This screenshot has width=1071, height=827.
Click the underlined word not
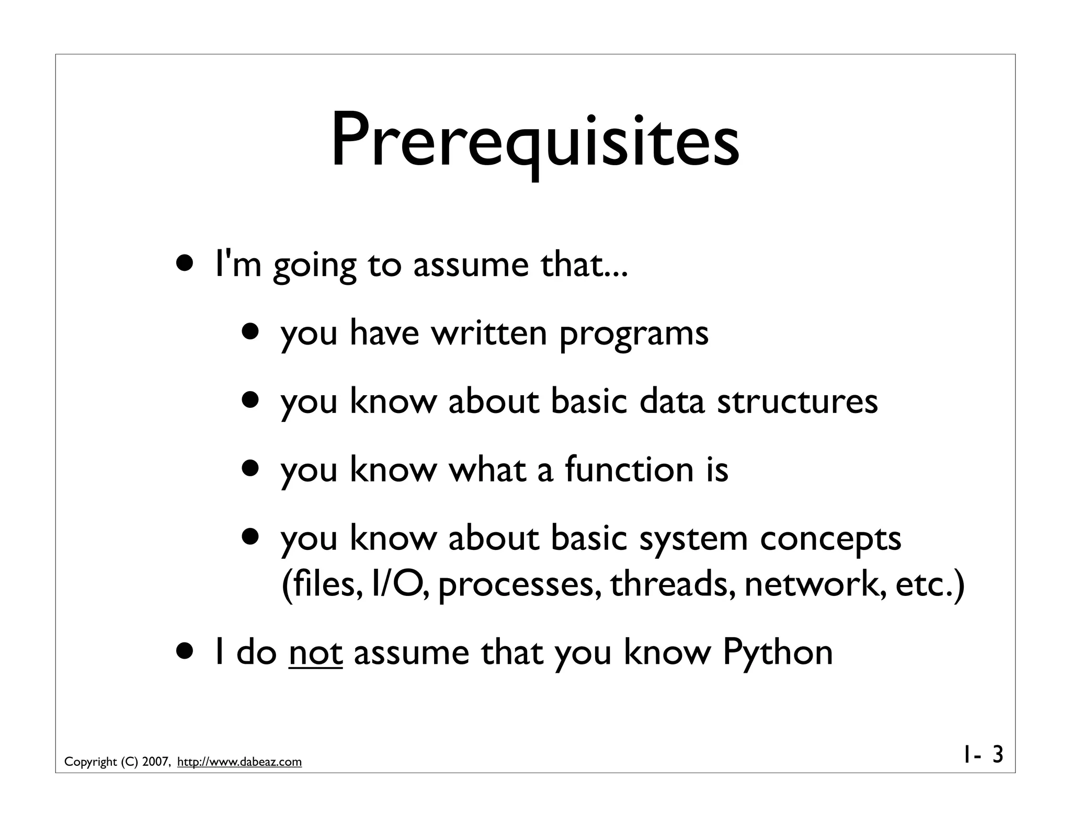pyautogui.click(x=315, y=653)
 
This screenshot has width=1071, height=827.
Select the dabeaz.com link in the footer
pyautogui.click(x=240, y=762)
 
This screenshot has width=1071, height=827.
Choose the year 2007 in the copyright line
pyautogui.click(x=155, y=762)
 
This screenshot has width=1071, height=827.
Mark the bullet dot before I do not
pyautogui.click(x=187, y=652)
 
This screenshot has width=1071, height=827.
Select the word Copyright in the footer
pyautogui.click(x=90, y=762)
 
